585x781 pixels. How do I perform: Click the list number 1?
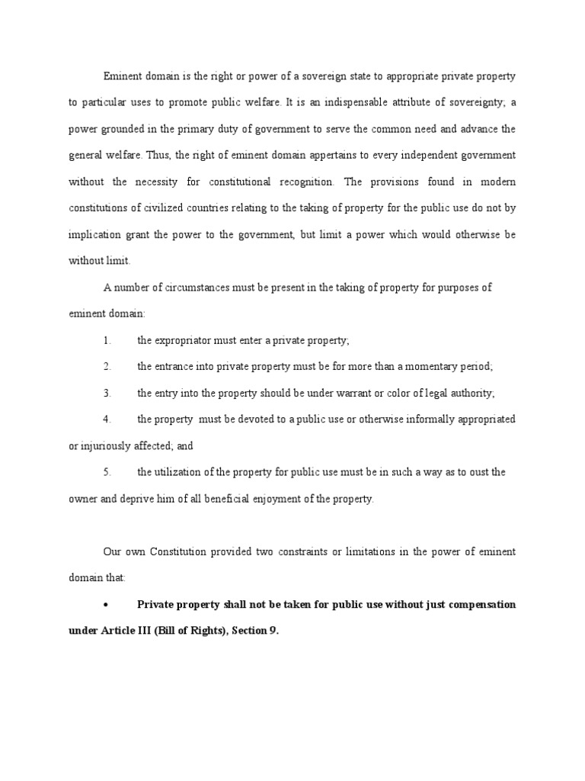pyautogui.click(x=107, y=340)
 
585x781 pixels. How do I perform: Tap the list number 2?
pyautogui.click(x=107, y=367)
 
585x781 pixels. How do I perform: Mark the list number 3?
pyautogui.click(x=107, y=393)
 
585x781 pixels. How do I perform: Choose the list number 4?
pyautogui.click(x=107, y=419)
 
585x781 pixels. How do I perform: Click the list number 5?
pyautogui.click(x=107, y=472)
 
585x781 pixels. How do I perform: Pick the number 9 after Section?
pyautogui.click(x=272, y=631)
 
